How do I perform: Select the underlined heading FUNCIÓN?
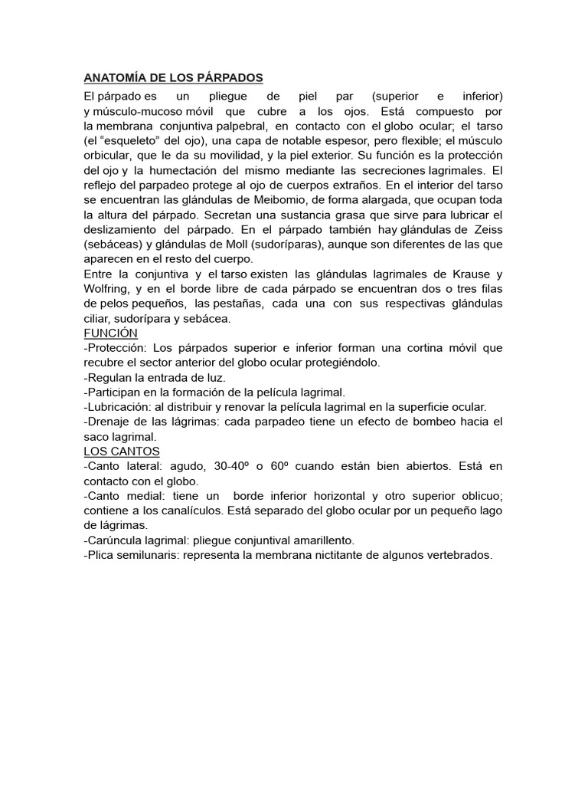pyautogui.click(x=110, y=333)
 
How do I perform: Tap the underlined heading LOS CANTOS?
pyautogui.click(x=121, y=452)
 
